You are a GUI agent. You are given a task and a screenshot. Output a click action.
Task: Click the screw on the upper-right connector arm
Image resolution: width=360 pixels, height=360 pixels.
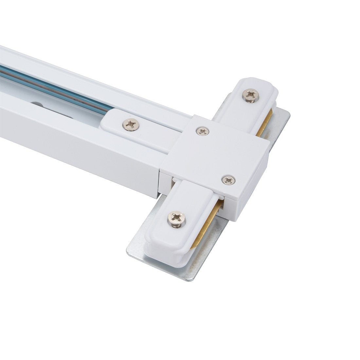pos(250,95)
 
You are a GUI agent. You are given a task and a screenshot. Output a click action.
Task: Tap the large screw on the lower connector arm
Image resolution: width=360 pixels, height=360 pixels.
pos(177,218)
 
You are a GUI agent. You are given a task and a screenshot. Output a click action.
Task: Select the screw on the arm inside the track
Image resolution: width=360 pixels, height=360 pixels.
pos(131,125)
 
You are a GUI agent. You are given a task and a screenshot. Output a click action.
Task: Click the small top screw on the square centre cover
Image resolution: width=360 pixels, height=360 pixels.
pos(203,131)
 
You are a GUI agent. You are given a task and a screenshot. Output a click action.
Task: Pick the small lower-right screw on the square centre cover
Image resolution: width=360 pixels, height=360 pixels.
pos(228,180)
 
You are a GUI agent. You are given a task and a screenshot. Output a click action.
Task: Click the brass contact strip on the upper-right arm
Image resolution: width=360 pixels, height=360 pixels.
pos(264,123)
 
